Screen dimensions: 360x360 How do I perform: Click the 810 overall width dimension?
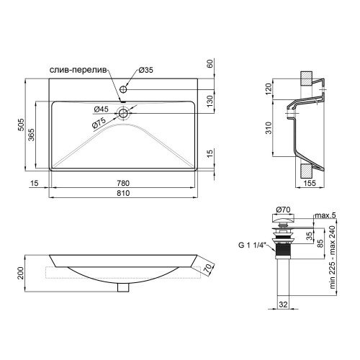123,193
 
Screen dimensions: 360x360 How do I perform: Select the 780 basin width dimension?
123,183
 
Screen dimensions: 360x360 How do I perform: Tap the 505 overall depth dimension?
21,125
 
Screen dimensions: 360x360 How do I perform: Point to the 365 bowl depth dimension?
31,135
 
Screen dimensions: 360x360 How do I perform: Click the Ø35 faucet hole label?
146,70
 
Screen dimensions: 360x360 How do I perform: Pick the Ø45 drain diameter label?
101,109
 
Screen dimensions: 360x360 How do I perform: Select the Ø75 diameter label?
99,123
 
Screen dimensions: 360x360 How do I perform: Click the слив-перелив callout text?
77,70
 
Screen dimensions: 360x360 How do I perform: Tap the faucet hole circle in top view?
123,89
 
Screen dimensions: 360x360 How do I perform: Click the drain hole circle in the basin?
123,113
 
